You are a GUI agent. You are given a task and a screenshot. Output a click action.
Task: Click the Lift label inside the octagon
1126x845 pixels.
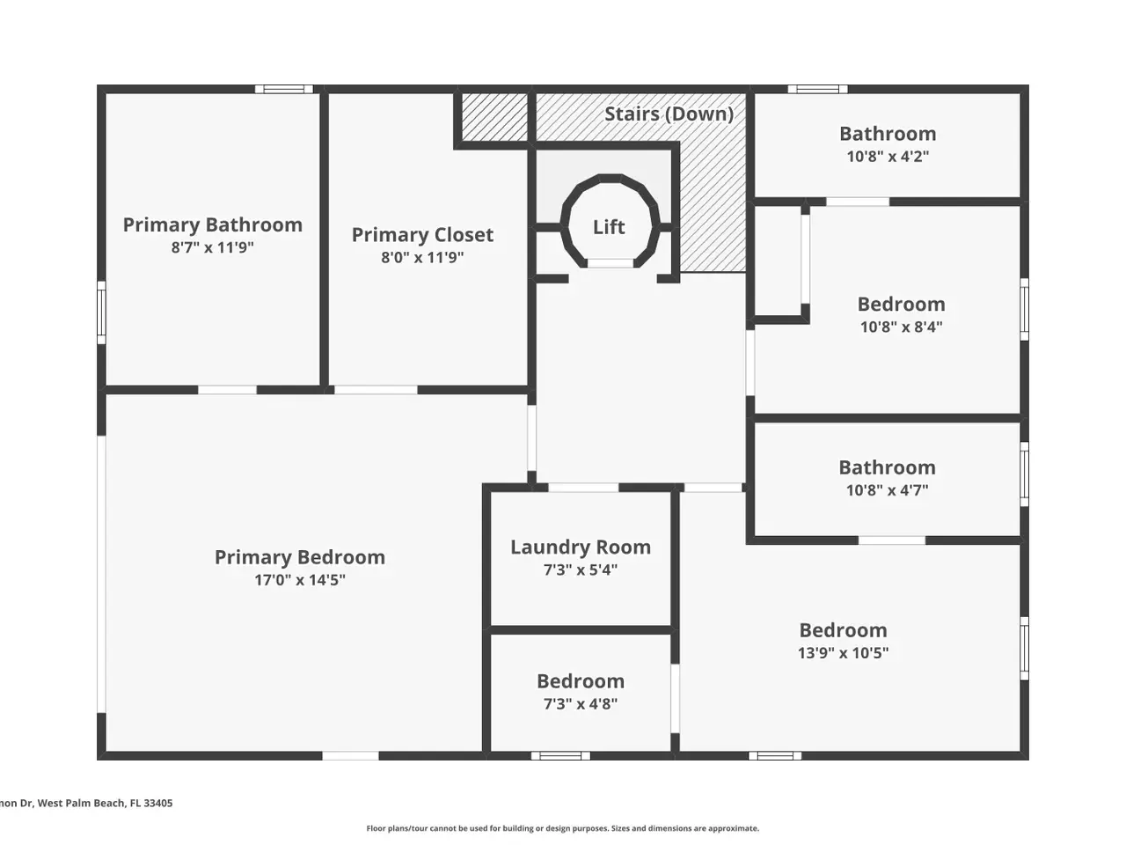[609, 227]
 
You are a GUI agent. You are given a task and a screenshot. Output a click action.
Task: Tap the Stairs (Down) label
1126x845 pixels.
[669, 114]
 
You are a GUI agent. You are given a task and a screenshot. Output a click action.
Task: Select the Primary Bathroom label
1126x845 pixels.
[212, 224]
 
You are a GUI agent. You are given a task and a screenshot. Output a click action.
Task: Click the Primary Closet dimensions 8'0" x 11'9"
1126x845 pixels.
[422, 257]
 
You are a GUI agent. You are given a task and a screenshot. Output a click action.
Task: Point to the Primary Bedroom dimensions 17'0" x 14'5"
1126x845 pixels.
[300, 580]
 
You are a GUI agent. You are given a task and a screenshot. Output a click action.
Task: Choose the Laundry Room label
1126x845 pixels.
[581, 547]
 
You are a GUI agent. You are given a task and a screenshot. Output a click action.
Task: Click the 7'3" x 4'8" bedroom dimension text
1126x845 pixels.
[581, 703]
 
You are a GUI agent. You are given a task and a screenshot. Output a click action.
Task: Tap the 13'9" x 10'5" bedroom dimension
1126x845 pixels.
[844, 652]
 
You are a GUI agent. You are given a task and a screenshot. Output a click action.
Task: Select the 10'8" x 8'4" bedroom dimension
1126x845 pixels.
[902, 327]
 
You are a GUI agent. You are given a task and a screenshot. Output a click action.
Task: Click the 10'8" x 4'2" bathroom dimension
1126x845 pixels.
[888, 156]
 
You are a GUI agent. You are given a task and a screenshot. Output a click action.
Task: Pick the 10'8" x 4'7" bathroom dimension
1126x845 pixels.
[888, 490]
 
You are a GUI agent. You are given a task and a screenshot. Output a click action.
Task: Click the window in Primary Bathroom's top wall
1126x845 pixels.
[284, 89]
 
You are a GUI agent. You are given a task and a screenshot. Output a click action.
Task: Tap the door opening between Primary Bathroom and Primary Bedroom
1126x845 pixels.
[227, 390]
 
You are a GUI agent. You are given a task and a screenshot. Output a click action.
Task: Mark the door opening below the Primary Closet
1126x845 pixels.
[376, 390]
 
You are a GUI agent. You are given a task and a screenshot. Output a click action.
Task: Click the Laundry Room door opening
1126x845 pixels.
[584, 488]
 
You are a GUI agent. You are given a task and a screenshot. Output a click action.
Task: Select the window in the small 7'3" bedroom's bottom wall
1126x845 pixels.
[560, 756]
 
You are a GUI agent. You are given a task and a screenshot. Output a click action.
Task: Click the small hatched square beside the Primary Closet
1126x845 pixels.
[495, 117]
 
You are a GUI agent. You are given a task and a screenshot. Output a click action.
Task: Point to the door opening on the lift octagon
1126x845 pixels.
[610, 263]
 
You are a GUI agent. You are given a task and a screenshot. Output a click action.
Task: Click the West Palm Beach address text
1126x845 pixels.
[86, 803]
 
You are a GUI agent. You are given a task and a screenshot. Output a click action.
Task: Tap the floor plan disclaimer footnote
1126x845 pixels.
[563, 828]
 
